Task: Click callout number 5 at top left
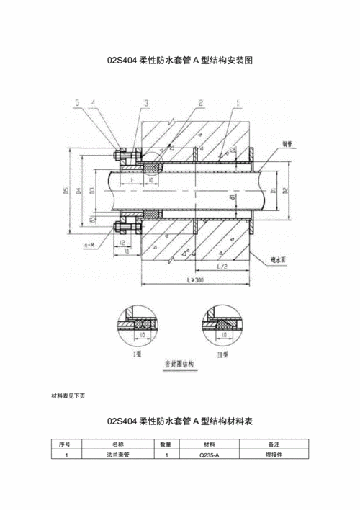click(77, 104)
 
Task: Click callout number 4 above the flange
click(93, 104)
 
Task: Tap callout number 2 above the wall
click(201, 104)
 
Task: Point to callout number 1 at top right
click(238, 104)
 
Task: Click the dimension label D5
click(66, 192)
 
